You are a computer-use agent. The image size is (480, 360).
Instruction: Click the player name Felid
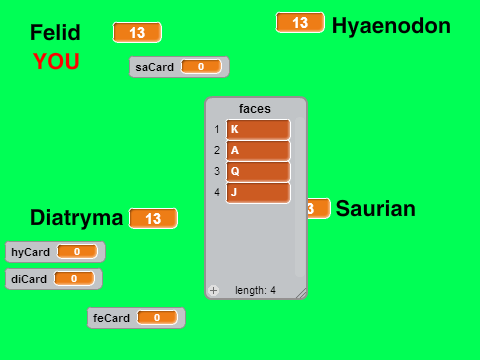(55, 32)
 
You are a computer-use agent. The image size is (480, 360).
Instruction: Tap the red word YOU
(56, 61)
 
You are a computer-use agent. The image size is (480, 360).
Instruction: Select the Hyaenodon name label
(391, 26)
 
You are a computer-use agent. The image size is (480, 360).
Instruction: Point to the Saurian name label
(376, 209)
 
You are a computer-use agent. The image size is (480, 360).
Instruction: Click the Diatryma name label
(77, 218)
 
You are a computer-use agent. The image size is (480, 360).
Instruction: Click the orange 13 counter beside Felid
(137, 33)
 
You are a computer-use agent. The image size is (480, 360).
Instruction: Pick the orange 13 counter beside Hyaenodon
(300, 23)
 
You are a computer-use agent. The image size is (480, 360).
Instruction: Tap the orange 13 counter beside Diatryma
(153, 219)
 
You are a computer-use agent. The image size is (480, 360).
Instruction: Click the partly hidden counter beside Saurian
(318, 209)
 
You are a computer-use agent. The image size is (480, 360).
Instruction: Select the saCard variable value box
(201, 67)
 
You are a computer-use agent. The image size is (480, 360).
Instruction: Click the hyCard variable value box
(77, 251)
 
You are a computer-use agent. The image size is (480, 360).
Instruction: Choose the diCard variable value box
(74, 278)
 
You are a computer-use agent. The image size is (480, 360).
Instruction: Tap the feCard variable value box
(157, 318)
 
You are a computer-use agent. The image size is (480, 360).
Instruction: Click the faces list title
(255, 109)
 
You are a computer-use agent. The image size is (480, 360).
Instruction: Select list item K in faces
(258, 129)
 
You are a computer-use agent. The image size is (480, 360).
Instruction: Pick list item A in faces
(258, 150)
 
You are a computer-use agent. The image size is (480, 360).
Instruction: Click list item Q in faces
(258, 171)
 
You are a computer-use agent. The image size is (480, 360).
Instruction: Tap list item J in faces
(258, 192)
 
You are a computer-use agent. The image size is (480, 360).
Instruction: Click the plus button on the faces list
(213, 290)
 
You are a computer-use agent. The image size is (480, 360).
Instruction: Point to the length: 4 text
(255, 290)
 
